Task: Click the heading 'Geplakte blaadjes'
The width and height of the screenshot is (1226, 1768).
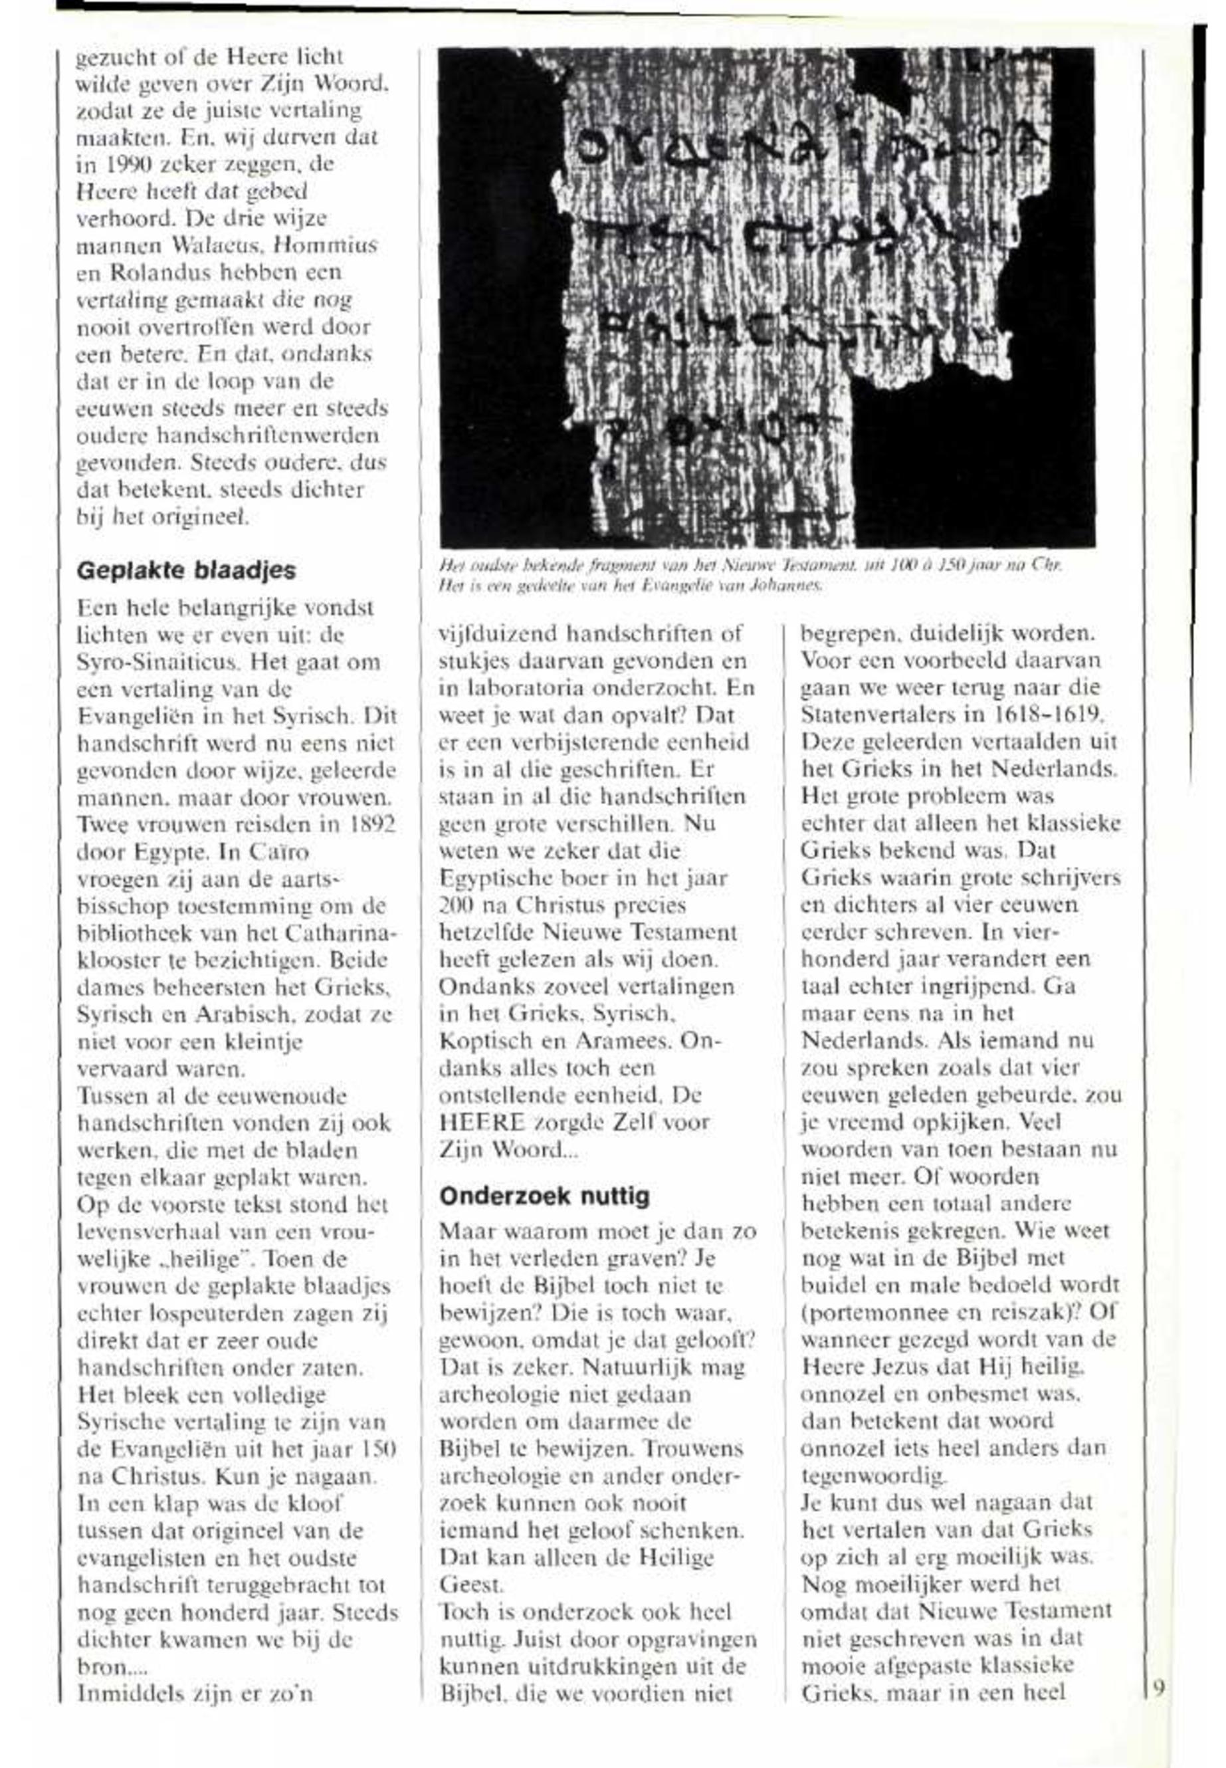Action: pyautogui.click(x=186, y=570)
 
